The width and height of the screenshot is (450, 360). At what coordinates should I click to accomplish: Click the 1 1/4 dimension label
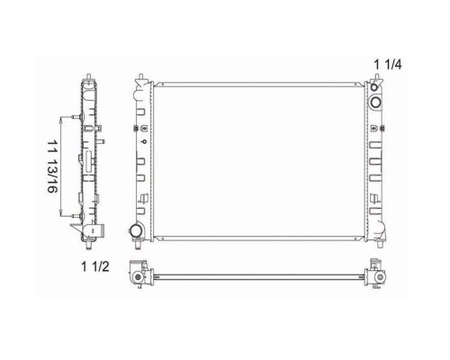click(x=387, y=65)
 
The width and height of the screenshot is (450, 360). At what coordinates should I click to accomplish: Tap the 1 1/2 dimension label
click(x=95, y=266)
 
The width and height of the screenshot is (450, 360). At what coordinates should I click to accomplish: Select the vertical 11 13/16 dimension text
click(x=52, y=166)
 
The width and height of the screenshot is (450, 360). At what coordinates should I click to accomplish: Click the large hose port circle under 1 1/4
click(x=375, y=103)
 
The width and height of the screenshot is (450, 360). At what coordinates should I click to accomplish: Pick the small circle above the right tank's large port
click(x=373, y=87)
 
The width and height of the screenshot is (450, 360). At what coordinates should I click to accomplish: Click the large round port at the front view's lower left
click(x=136, y=231)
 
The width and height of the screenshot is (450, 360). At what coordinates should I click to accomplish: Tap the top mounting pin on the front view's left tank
click(x=140, y=77)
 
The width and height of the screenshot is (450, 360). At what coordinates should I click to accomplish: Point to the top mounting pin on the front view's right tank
click(x=377, y=77)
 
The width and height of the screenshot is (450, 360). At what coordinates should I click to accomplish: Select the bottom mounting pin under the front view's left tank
click(x=138, y=245)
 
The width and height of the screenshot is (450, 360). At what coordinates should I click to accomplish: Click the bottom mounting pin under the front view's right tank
click(x=380, y=245)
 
